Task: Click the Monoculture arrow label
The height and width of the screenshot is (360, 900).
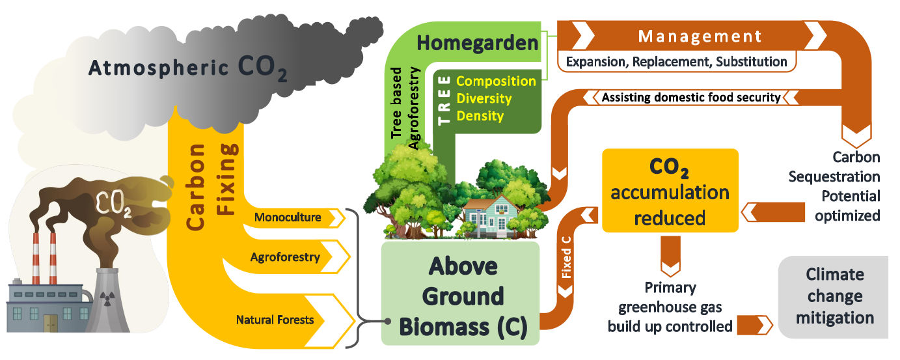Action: point(288,217)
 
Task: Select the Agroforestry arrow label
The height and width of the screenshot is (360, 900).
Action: point(285,257)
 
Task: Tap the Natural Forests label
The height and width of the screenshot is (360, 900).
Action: point(275,320)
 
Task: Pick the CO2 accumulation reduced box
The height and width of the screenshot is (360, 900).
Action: point(670,191)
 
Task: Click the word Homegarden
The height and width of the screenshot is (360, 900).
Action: point(478,44)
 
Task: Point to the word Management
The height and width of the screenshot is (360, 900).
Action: point(700,36)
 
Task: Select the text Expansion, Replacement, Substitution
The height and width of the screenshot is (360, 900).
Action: point(677,62)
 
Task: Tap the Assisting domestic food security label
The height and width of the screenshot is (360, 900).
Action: point(690,98)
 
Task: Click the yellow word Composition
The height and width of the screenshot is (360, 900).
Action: point(496,81)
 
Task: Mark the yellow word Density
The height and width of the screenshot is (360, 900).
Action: point(480,117)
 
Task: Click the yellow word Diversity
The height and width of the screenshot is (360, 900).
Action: point(484,99)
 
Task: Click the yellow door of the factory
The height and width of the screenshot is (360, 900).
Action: point(50,322)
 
